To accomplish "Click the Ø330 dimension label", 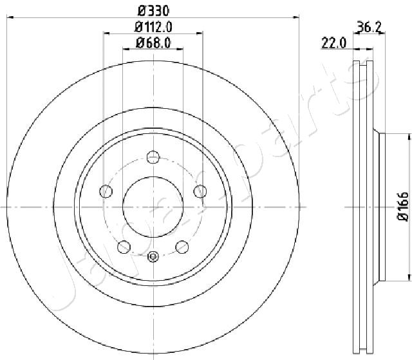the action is (x=154, y=11).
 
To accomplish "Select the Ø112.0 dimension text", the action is (x=153, y=27).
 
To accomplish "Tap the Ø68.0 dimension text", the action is (x=153, y=43).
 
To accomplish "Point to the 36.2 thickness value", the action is (x=370, y=26).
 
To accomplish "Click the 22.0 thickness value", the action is (x=334, y=43).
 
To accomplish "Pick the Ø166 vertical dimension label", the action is (x=403, y=206).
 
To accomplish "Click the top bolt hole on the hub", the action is (x=153, y=157).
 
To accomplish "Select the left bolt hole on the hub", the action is (x=106, y=191).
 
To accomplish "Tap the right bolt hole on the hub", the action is (x=200, y=191).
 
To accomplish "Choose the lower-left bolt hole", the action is (x=124, y=247).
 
